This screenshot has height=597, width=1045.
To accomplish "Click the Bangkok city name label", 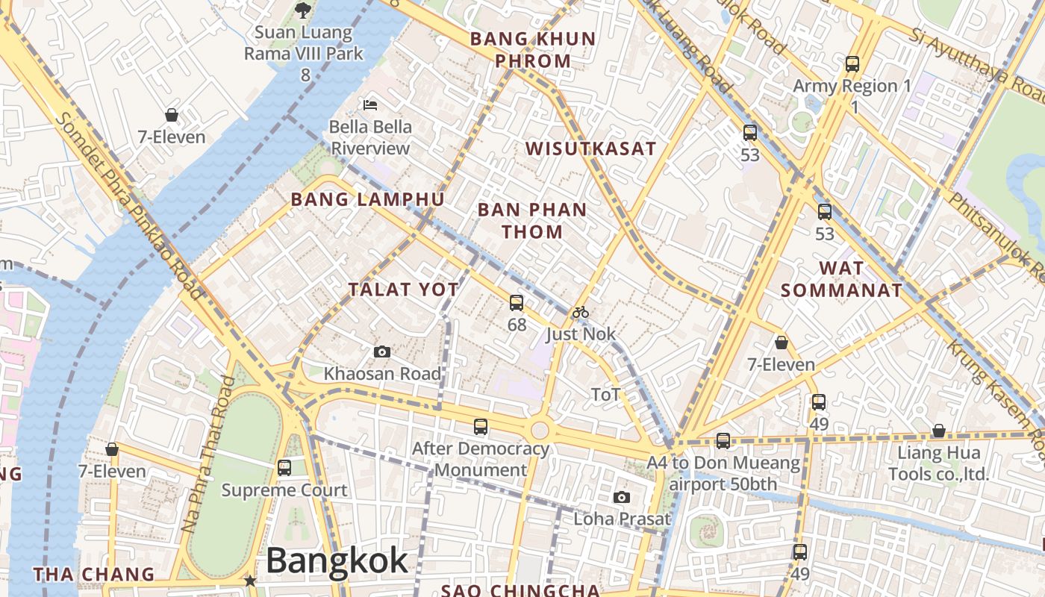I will tap(337, 561).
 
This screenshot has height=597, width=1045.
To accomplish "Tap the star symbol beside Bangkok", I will tap(250, 581).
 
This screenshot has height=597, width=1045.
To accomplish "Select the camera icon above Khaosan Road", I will tap(382, 351).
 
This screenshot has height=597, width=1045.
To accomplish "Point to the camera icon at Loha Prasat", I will tap(621, 497).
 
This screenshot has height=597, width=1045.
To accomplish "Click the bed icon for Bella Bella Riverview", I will tap(370, 105).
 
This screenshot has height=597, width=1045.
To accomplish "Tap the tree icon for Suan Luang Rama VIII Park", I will tap(302, 10).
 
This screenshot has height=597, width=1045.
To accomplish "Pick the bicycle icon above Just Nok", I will tap(581, 312).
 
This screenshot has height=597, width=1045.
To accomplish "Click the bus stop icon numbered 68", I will tap(517, 303).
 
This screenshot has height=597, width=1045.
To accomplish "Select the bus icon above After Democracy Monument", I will tap(481, 427).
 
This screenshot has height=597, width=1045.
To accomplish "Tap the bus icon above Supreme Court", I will tap(284, 468).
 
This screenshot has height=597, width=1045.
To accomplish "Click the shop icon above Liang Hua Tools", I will tap(939, 431).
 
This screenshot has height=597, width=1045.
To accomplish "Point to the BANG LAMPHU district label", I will tap(367, 199).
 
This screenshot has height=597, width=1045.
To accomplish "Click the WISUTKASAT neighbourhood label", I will tap(591, 149).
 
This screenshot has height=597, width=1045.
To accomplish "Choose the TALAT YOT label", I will tap(404, 290).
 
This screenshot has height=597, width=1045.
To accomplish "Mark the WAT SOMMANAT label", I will tap(841, 279).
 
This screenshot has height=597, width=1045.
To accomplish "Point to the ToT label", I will tap(605, 395).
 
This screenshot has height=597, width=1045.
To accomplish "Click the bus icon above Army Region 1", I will tap(852, 64).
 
